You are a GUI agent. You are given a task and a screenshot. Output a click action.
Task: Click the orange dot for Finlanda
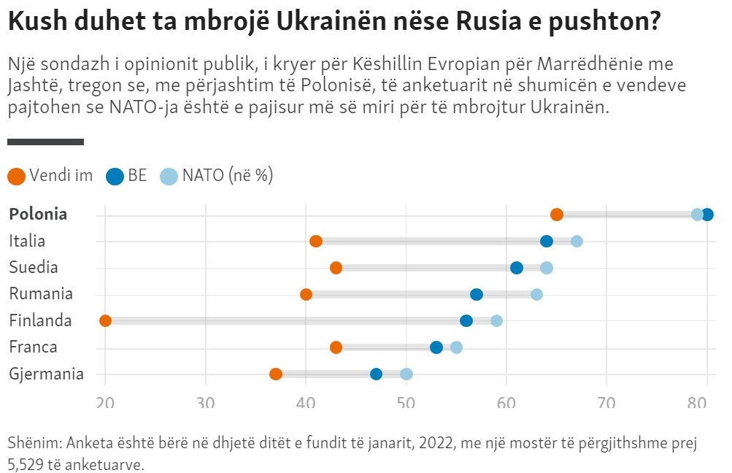[x=105, y=320]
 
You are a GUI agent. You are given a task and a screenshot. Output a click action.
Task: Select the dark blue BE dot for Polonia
[x=706, y=214]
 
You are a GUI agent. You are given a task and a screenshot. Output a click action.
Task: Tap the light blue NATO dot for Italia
[x=577, y=241]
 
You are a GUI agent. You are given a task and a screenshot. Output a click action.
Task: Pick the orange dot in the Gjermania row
[x=276, y=374]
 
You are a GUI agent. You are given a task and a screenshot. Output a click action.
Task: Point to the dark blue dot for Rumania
[x=477, y=294]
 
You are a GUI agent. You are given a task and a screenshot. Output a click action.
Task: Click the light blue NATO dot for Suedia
[x=547, y=267]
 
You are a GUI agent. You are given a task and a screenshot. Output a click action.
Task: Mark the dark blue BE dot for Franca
[x=436, y=347]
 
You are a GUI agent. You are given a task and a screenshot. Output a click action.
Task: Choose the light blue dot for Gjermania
[x=407, y=374]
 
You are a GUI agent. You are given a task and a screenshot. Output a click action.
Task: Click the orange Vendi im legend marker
[x=16, y=176]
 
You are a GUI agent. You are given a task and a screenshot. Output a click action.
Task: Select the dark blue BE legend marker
[x=115, y=176]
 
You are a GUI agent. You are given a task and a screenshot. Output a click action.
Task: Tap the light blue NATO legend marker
[x=169, y=176]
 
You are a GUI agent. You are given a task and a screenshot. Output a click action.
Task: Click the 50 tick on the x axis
[x=406, y=401]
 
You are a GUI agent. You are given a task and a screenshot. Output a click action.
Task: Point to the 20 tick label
[x=105, y=401]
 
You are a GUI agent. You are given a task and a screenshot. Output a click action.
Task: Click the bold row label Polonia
[x=38, y=214]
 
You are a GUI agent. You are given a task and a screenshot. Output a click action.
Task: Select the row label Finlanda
[x=40, y=320]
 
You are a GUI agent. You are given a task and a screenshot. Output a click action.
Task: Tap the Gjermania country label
[x=46, y=374]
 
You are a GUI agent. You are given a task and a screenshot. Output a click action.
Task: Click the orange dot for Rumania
[x=306, y=294]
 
